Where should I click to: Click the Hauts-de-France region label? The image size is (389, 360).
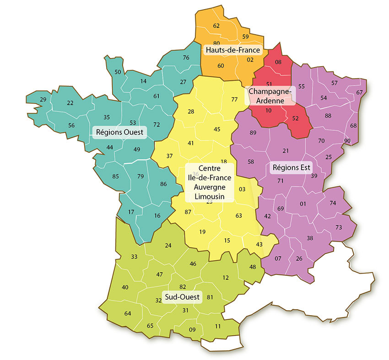pyautogui.click(x=233, y=50)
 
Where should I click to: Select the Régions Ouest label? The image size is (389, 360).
pyautogui.click(x=119, y=133)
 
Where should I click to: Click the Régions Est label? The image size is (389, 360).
pyautogui.click(x=292, y=167)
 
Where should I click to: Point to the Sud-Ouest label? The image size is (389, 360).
pyautogui.click(x=182, y=297)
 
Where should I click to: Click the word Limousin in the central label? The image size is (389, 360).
pyautogui.click(x=210, y=195)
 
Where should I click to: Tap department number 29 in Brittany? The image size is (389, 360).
pyautogui.click(x=43, y=100)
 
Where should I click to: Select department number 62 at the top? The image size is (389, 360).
pyautogui.click(x=216, y=26)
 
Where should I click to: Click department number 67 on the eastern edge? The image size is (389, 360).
pyautogui.click(x=359, y=92)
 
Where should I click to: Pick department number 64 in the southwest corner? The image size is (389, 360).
pyautogui.click(x=128, y=313)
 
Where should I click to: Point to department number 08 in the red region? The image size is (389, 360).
pyautogui.click(x=278, y=62)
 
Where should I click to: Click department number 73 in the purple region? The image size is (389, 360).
pyautogui.click(x=339, y=227)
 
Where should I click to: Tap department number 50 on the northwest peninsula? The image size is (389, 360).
pyautogui.click(x=118, y=72)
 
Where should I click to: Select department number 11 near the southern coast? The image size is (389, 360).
pyautogui.click(x=217, y=326)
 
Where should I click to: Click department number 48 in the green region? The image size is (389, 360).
pyautogui.click(x=253, y=267)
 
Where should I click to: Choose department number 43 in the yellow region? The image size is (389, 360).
pyautogui.click(x=259, y=244)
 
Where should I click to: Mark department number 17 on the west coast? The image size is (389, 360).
pyautogui.click(x=131, y=212)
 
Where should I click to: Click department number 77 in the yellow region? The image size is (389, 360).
pyautogui.click(x=235, y=99)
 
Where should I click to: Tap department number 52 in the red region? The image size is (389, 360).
pyautogui.click(x=295, y=118)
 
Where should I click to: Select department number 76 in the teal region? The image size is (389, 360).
pyautogui.click(x=186, y=58)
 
